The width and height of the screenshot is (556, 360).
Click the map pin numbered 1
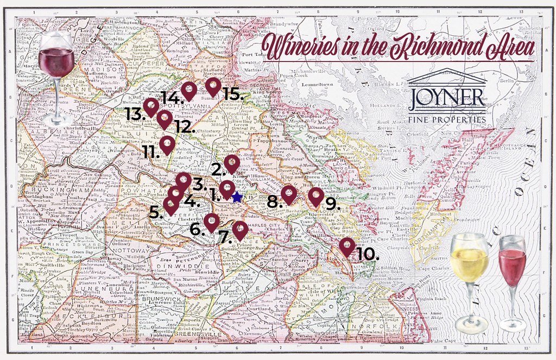[x=226, y=189]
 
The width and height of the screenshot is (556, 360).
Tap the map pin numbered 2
[x=232, y=162]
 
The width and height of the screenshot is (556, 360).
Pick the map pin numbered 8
[x=289, y=193]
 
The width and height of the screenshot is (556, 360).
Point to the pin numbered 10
[x=347, y=246]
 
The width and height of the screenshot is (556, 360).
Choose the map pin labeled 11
[x=167, y=144]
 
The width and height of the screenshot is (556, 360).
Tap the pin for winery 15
[x=213, y=85]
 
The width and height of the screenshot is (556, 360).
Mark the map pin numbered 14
[x=188, y=91]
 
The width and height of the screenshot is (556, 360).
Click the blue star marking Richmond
[x=237, y=198]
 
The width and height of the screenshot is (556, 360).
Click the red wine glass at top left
[x=56, y=71]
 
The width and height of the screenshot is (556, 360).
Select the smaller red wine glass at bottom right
[x=512, y=280]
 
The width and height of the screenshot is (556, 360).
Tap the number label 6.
[x=196, y=230]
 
